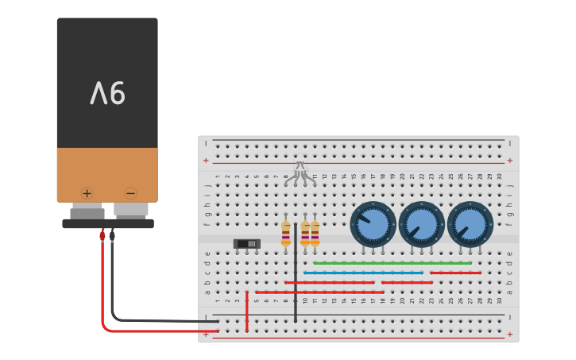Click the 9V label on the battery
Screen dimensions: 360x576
pos(107,94)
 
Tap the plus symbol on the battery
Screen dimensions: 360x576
pos(87,192)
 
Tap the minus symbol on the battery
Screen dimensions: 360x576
pos(130,192)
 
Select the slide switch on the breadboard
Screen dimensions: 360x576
pos(246,243)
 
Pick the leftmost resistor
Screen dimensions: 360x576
pos(286,234)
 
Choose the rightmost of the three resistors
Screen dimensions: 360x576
pos(315,234)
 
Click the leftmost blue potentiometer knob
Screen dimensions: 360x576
pos(373,224)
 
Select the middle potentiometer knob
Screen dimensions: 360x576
pos(421,224)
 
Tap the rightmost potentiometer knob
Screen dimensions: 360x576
pos(470,224)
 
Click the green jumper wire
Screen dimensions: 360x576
pos(392,263)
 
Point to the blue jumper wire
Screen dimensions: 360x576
pos(363,273)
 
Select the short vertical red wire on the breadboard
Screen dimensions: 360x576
pos(247,311)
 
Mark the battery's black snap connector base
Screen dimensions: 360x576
pos(108,224)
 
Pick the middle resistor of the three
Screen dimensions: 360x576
pos(305,234)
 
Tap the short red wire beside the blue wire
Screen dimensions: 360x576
pos(455,273)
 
